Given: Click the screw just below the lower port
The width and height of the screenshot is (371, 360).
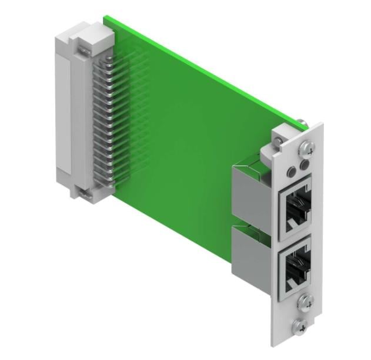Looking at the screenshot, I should click(x=306, y=302).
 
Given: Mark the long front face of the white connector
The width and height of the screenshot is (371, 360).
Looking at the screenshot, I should click(x=63, y=112).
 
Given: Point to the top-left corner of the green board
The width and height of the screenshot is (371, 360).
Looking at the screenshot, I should click(x=106, y=18).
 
